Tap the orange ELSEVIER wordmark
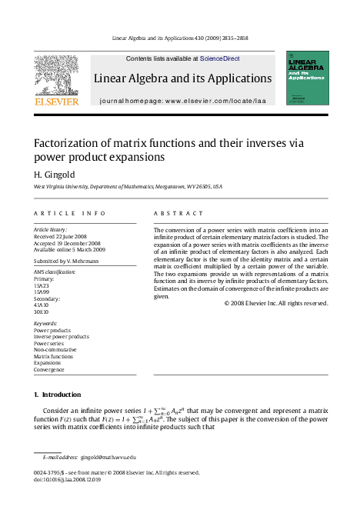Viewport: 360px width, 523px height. [x=55, y=101]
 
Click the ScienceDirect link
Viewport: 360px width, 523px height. [x=220, y=58]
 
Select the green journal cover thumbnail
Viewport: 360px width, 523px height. [x=307, y=78]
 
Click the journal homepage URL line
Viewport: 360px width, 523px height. [x=182, y=101]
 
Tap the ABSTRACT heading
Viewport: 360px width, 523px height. [x=178, y=213]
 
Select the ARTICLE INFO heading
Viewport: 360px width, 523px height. [x=69, y=213]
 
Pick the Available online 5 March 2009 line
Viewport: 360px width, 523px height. [x=69, y=250]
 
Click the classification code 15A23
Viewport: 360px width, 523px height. [x=42, y=285]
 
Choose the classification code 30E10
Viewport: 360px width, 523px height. [x=42, y=311]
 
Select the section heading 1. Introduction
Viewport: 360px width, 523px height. [x=57, y=395]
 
